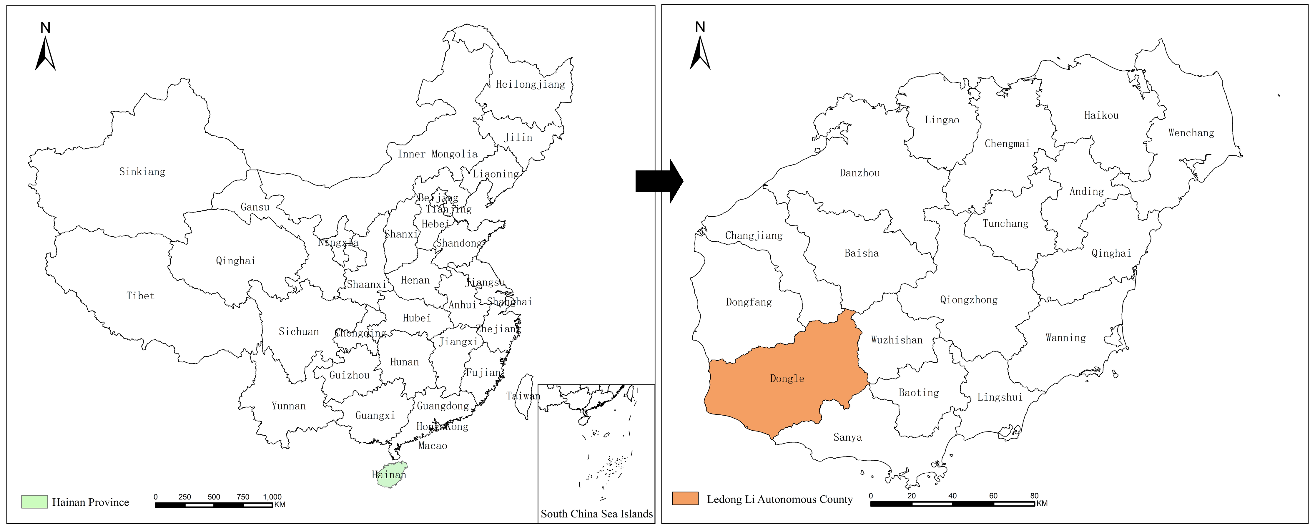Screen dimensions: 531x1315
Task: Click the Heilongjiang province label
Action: [x=531, y=84]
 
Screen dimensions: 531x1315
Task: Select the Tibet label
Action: [x=140, y=296]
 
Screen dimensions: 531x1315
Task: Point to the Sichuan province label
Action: [x=299, y=331]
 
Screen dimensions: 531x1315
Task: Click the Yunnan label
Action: [x=288, y=406]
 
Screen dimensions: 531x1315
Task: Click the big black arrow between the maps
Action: [x=659, y=181]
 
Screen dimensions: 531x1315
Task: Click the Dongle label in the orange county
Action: [x=787, y=378]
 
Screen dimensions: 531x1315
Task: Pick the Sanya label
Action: [x=847, y=437]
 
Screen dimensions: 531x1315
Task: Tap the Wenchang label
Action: [x=1191, y=133]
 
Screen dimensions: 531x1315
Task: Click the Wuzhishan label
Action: [x=896, y=340]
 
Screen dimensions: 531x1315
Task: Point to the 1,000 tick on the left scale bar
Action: [x=272, y=497]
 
